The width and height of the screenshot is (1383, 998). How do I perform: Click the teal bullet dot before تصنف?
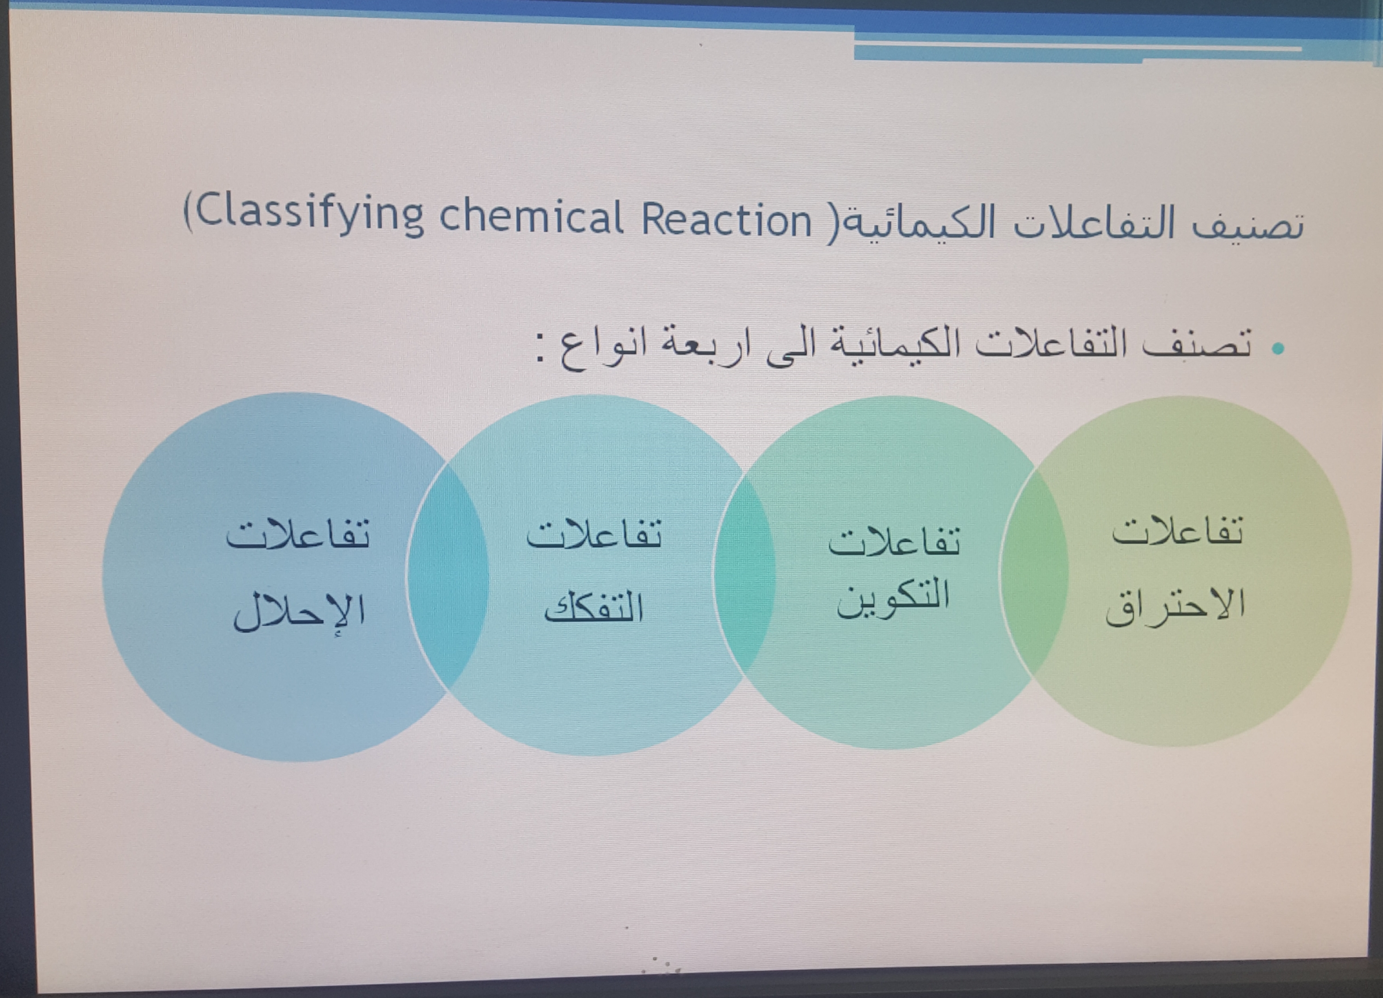(1278, 349)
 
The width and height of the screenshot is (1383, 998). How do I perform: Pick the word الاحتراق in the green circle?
(1175, 606)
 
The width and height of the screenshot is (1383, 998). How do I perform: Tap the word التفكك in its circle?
(594, 606)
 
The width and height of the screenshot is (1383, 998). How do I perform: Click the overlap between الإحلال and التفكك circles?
(447, 577)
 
